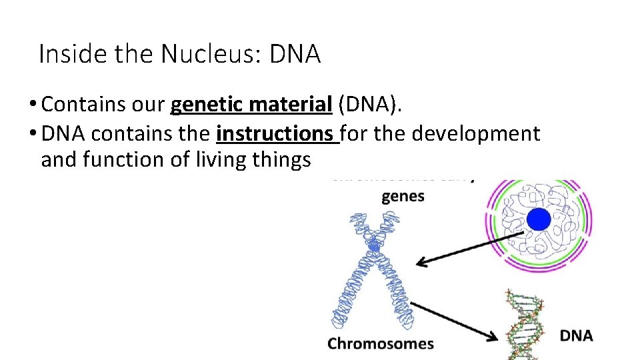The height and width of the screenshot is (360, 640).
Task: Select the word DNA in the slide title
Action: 295,54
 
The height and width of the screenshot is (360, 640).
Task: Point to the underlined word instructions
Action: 277,134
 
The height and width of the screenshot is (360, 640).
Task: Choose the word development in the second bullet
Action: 476,134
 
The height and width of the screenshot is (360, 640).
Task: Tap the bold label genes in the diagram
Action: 403,197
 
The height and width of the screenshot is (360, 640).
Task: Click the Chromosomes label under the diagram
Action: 380,344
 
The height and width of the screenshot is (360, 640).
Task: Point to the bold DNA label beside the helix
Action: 576,335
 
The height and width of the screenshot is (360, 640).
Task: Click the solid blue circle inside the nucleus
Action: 539,220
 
